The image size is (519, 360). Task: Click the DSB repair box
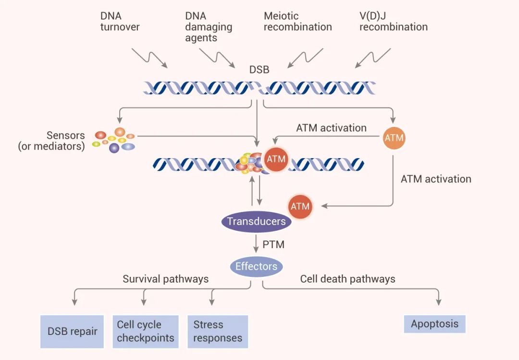pyautogui.click(x=72, y=332)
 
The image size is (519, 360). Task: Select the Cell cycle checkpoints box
pyautogui.click(x=145, y=332)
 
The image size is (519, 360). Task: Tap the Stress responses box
pyautogui.click(x=218, y=332)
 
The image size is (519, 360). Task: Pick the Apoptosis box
pyautogui.click(x=434, y=324)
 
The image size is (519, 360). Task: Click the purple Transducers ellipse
pyautogui.click(x=256, y=222)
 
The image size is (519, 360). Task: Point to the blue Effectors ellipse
pyautogui.click(x=256, y=266)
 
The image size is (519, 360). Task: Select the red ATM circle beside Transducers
pyautogui.click(x=300, y=207)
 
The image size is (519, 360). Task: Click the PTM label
pyautogui.click(x=273, y=245)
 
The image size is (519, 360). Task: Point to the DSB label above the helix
pyautogui.click(x=259, y=70)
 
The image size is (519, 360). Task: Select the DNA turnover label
pyautogui.click(x=120, y=22)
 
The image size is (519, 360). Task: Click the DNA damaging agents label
pyautogui.click(x=209, y=27)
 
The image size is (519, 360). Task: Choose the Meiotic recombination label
pyautogui.click(x=297, y=22)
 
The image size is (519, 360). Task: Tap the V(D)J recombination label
pyautogui.click(x=393, y=22)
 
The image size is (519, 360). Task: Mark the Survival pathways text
pyautogui.click(x=165, y=279)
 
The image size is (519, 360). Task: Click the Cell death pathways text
pyautogui.click(x=347, y=279)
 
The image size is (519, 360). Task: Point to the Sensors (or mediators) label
pyautogui.click(x=51, y=141)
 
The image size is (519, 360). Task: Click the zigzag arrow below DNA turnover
pyautogui.click(x=149, y=58)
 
